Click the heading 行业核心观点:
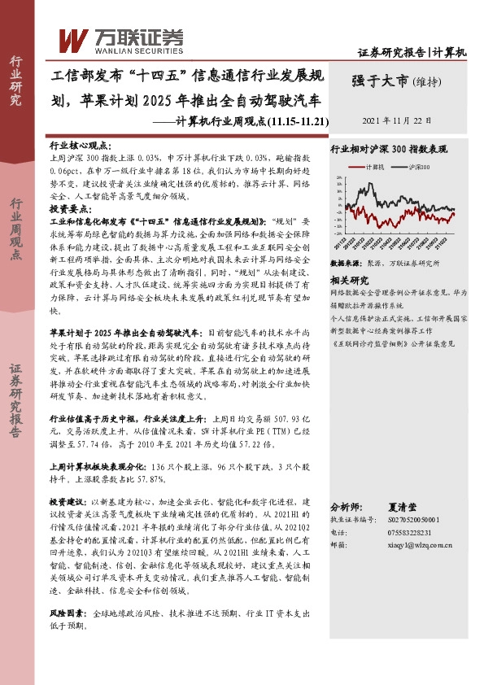pyautogui.click(x=76, y=142)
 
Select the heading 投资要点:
pyautogui.click(x=70, y=208)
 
